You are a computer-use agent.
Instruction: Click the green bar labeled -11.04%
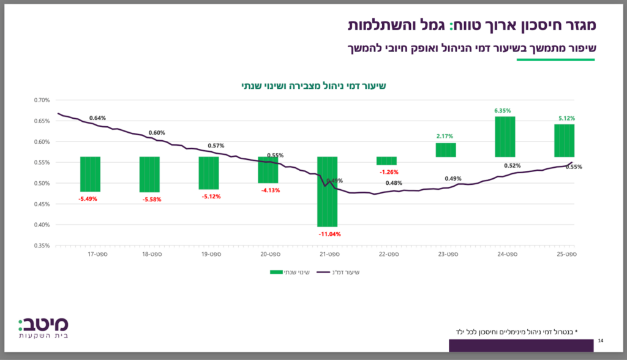point(327,191)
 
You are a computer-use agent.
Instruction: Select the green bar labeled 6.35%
point(505,137)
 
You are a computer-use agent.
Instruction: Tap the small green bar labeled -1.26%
point(386,160)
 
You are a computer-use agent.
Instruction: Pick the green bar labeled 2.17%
point(446,150)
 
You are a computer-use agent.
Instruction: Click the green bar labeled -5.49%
point(90,174)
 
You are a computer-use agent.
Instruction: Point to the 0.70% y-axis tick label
point(42,100)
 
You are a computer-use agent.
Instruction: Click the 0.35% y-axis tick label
point(42,246)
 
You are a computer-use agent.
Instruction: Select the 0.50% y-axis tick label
point(42,183)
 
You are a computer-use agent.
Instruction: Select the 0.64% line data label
point(97,118)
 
